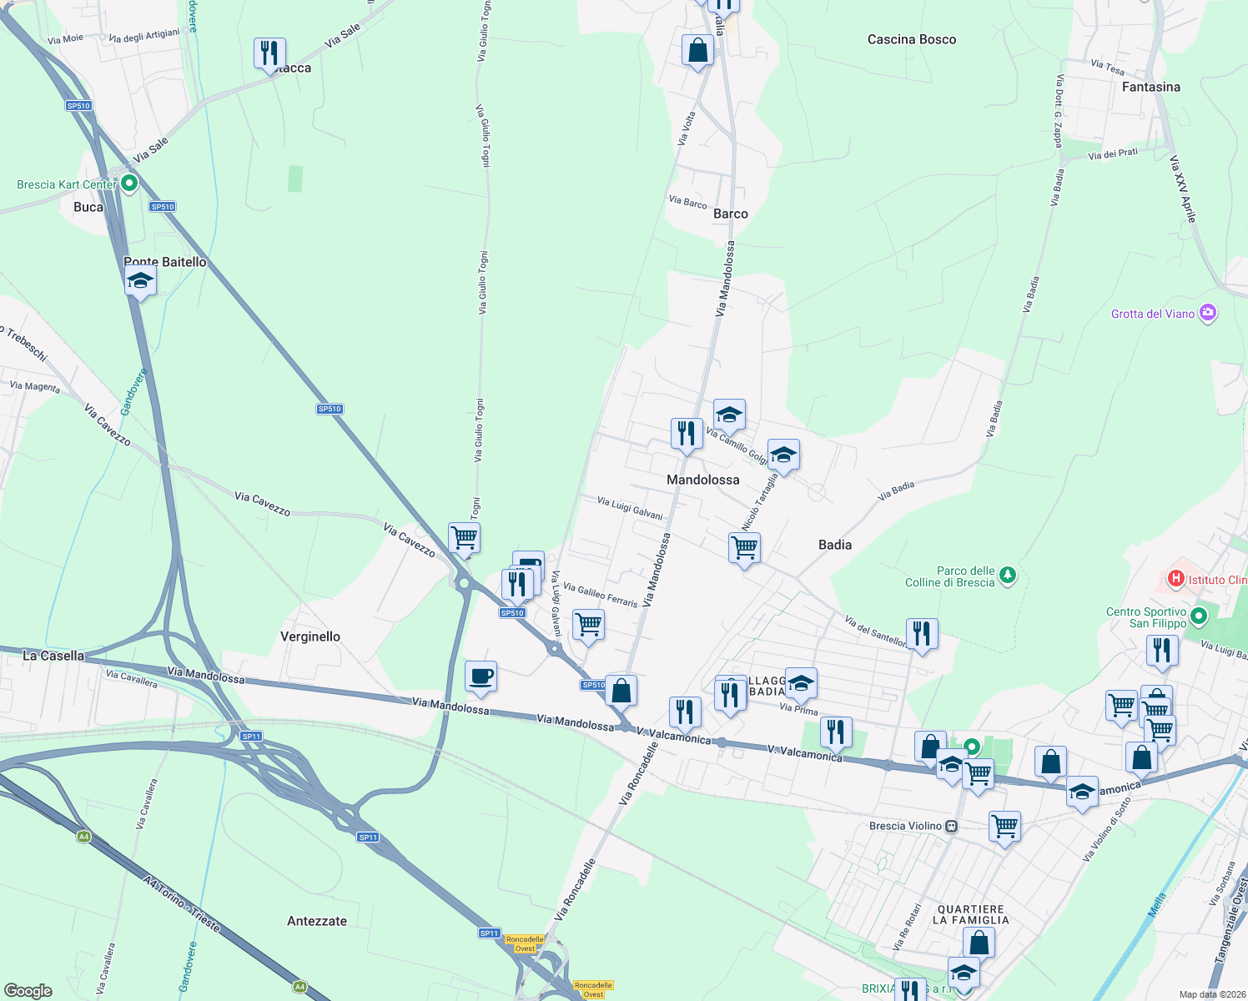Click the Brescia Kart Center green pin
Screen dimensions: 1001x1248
[129, 183]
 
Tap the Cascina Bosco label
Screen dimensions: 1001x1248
[911, 39]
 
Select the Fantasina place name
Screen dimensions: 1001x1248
[1150, 87]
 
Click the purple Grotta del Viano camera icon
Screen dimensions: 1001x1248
[1207, 314]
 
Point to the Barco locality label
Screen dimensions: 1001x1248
[730, 214]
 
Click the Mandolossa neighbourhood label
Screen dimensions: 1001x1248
[702, 480]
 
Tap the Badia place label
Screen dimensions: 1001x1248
[834, 545]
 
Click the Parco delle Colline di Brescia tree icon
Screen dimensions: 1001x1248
[1008, 575]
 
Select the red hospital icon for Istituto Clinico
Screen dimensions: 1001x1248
[1175, 578]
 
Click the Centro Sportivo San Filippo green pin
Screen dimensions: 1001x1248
[1199, 616]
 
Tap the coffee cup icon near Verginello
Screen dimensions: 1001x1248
[481, 675]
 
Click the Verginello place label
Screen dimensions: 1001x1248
[310, 636]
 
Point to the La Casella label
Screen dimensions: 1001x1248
[53, 656]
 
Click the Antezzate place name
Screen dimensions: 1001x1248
[317, 921]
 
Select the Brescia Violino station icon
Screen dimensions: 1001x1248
[951, 826]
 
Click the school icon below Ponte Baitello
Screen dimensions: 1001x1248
[140, 281]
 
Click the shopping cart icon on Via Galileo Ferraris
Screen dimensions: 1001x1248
[588, 624]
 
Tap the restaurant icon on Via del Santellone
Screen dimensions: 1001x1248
[921, 633]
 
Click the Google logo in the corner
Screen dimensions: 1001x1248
[28, 990]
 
